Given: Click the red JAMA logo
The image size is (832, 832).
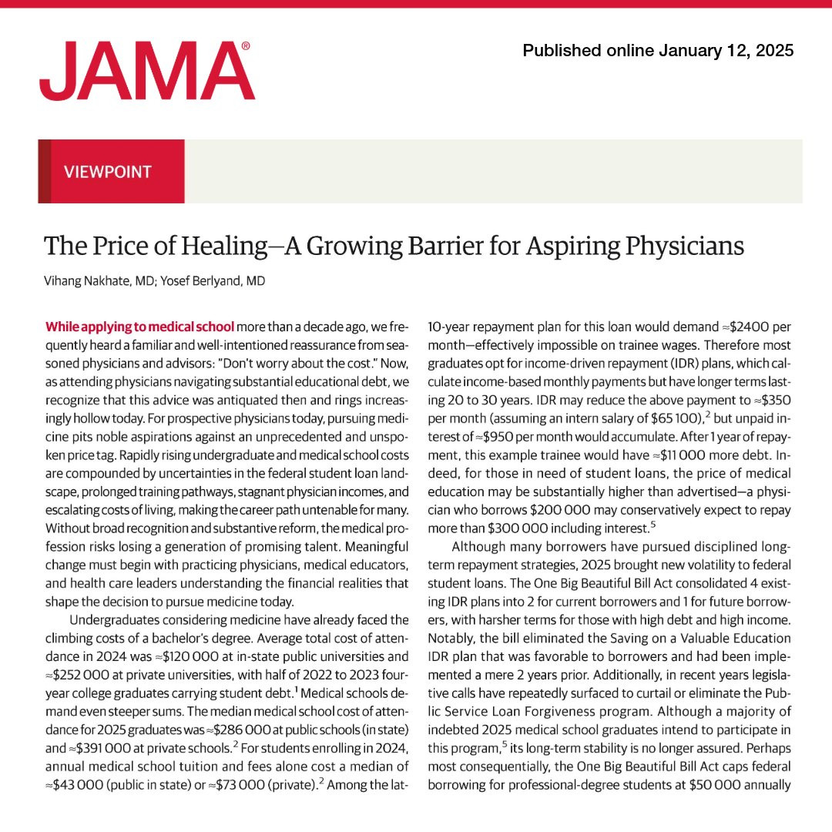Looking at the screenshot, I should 146,71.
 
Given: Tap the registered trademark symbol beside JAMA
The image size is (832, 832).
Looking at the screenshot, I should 245,47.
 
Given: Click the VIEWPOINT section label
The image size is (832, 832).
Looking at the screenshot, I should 108,172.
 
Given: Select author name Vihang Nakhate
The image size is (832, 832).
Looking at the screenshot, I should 86,281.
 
